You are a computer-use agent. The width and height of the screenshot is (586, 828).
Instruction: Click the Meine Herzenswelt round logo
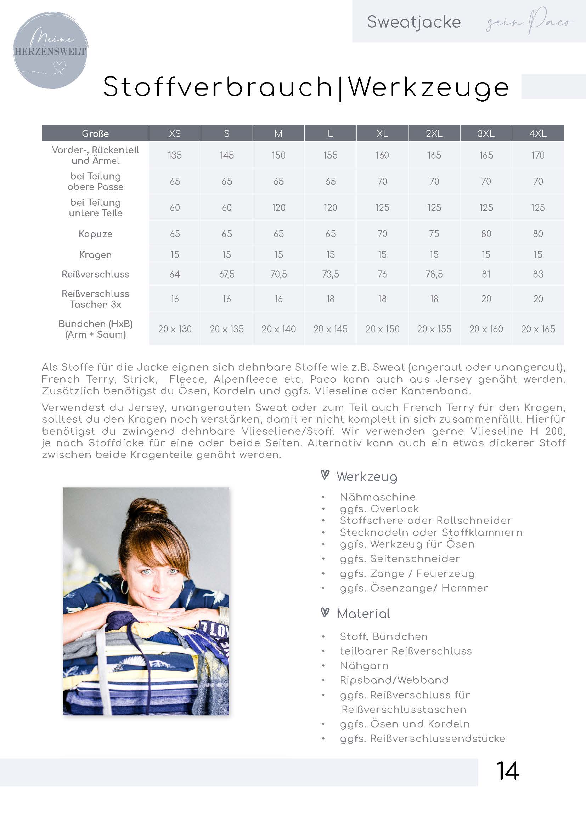(x=51, y=51)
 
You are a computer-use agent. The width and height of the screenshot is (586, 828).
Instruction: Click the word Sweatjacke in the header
(x=413, y=22)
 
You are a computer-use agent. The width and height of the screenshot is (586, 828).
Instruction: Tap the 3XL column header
(x=486, y=133)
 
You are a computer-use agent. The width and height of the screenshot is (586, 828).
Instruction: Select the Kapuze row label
(x=95, y=234)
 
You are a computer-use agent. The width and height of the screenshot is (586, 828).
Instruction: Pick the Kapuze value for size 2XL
(x=434, y=234)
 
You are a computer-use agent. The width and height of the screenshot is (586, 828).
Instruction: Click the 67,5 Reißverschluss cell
(x=227, y=274)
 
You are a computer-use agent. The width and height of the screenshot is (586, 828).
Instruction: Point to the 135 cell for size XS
(x=175, y=155)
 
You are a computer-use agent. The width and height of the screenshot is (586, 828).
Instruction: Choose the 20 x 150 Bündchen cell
(x=382, y=329)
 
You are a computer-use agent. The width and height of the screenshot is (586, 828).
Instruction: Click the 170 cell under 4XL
(x=538, y=155)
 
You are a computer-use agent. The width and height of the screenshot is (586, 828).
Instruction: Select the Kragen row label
(x=95, y=255)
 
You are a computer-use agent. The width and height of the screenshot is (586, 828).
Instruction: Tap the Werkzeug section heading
(x=367, y=477)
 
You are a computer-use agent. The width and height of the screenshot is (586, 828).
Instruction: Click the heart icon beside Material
(x=325, y=613)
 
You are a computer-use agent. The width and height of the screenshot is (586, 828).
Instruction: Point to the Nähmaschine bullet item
(x=377, y=497)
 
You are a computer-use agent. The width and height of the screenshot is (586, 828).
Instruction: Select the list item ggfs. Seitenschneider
(x=399, y=559)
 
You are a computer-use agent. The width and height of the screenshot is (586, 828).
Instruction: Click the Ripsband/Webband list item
(x=394, y=680)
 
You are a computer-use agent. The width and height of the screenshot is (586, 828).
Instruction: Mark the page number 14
(x=507, y=771)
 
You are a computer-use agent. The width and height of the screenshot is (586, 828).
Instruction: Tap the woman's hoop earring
(x=125, y=587)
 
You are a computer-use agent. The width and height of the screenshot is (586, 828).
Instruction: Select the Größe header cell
(x=95, y=133)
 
